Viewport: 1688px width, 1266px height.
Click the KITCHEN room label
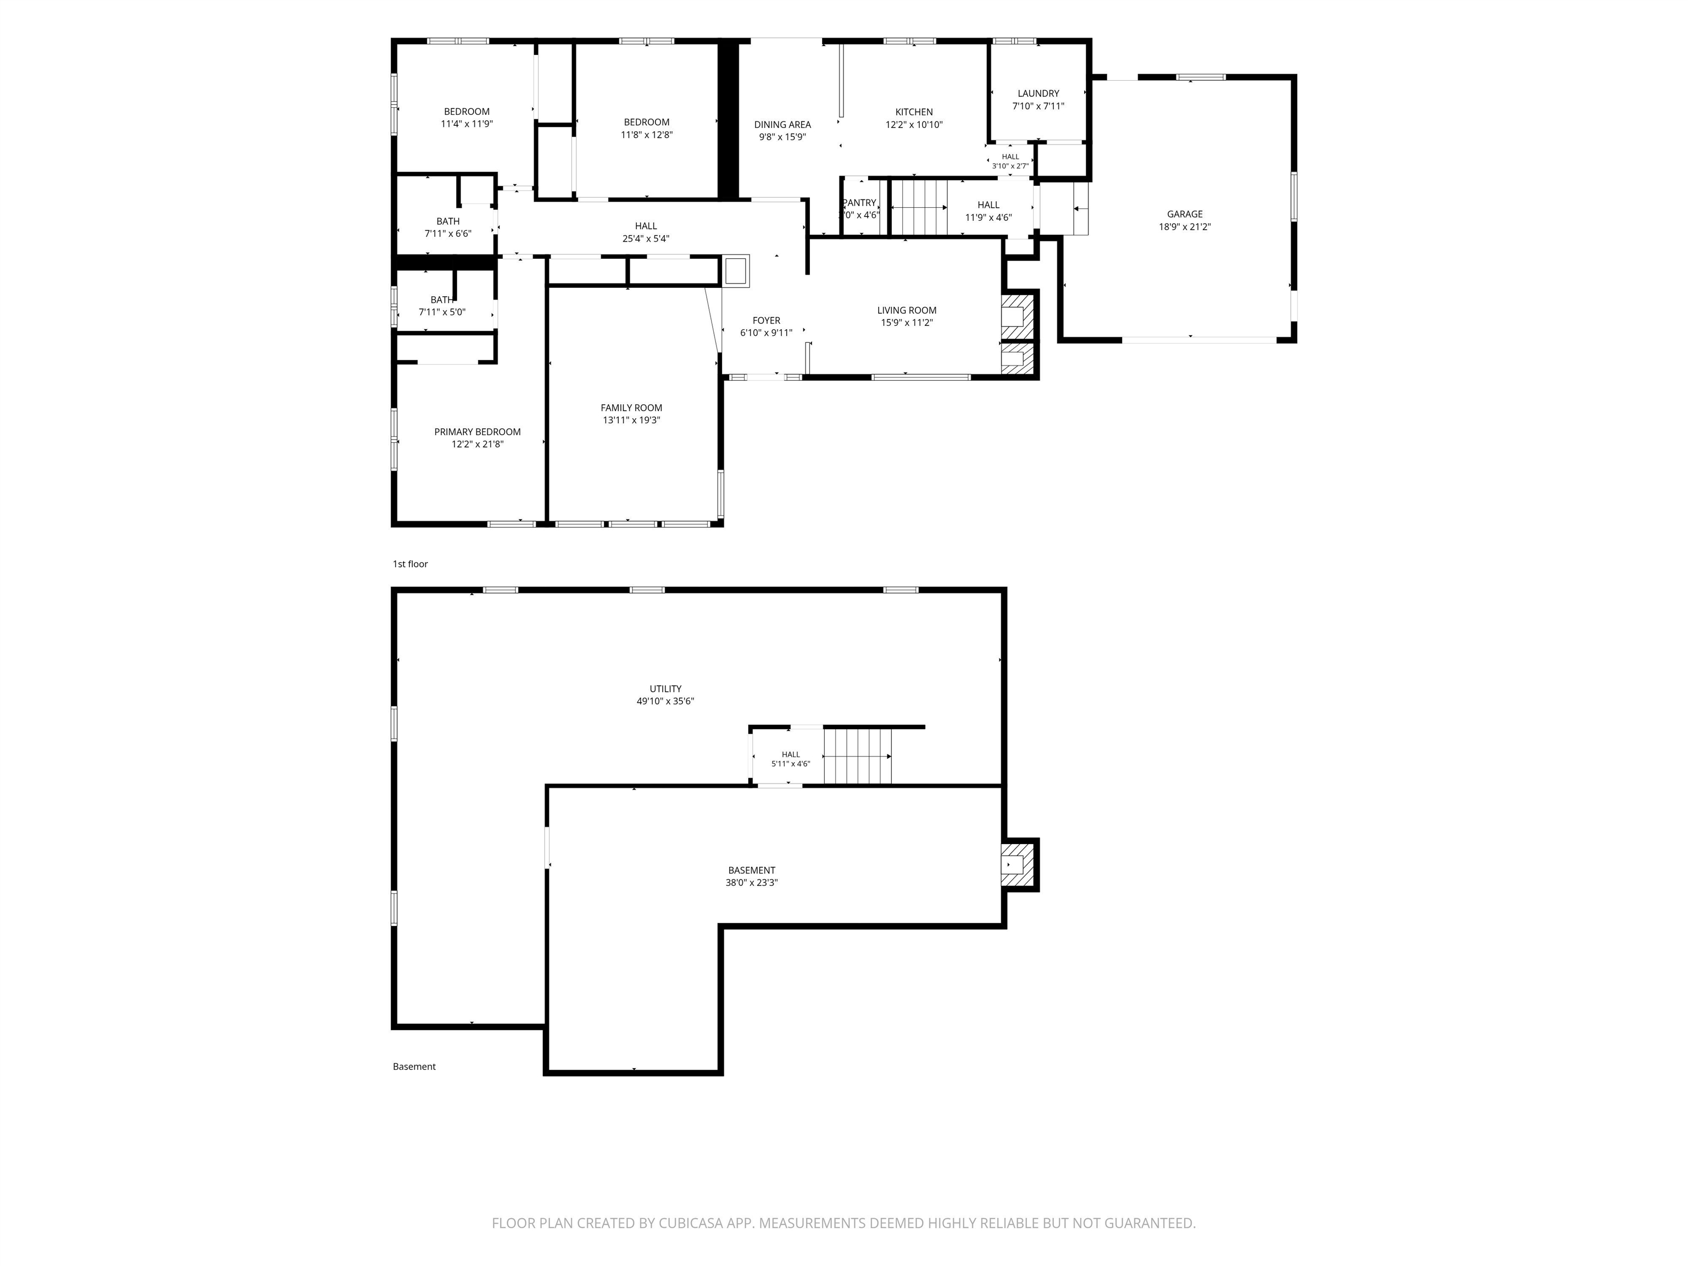(x=913, y=112)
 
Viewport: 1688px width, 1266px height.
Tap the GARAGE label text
(x=1184, y=214)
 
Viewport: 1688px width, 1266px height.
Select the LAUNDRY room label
(x=1038, y=94)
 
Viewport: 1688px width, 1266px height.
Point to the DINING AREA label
(x=782, y=125)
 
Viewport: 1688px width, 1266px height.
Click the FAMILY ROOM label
(x=631, y=408)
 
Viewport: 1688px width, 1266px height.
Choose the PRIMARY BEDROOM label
(x=477, y=432)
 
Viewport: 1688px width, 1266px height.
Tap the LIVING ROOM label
(x=907, y=310)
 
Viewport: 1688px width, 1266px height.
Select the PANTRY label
(x=859, y=203)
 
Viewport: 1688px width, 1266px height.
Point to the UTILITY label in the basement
(x=665, y=689)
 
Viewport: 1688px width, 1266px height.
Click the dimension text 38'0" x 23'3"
(x=752, y=883)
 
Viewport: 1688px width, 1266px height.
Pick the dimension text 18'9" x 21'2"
(x=1184, y=226)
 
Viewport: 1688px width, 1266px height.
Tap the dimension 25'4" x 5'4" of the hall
(x=646, y=239)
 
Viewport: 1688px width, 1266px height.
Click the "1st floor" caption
(x=410, y=564)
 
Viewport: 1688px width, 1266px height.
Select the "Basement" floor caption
(x=414, y=1067)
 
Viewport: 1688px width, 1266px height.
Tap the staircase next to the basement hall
(x=858, y=756)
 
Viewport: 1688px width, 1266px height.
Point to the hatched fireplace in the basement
(x=1019, y=864)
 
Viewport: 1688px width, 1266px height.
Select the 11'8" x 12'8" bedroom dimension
(x=646, y=135)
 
